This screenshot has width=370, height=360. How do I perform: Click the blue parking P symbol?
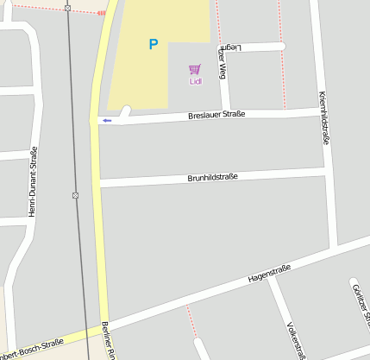pyautogui.click(x=154, y=44)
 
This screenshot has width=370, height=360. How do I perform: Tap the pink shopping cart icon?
pyautogui.click(x=195, y=69)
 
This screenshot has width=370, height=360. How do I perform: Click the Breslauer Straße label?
pyautogui.click(x=216, y=115)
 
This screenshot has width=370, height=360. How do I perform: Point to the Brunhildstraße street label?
pyautogui.click(x=212, y=177)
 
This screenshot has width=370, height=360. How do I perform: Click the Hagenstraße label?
pyautogui.click(x=268, y=275)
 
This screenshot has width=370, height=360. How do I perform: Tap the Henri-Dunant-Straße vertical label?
pyautogui.click(x=33, y=181)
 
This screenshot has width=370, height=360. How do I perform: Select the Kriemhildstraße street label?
pyautogui.click(x=323, y=117)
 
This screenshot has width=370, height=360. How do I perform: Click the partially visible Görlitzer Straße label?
pyautogui.click(x=361, y=302)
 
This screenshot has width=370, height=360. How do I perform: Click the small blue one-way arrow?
pyautogui.click(x=107, y=121)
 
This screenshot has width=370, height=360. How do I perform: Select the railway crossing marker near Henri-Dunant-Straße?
pyautogui.click(x=76, y=195)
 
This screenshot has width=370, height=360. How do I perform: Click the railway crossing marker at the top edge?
pyautogui.click(x=67, y=8)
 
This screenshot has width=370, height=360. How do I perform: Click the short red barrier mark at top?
pyautogui.click(x=101, y=13)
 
